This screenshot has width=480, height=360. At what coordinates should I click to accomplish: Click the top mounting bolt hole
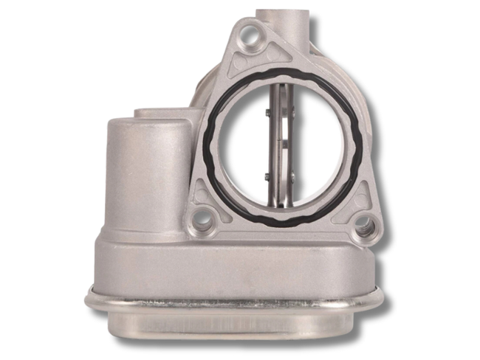coord(252,32)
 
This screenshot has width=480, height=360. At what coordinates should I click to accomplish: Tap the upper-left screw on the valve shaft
coord(267,112)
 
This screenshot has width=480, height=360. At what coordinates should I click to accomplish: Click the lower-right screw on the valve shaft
coord(292,176)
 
